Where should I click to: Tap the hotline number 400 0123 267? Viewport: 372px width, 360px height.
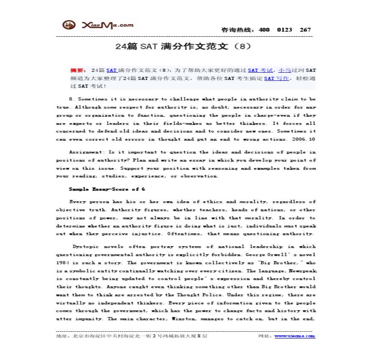click(284, 30)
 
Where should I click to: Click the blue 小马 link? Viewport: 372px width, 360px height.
click(284, 70)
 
